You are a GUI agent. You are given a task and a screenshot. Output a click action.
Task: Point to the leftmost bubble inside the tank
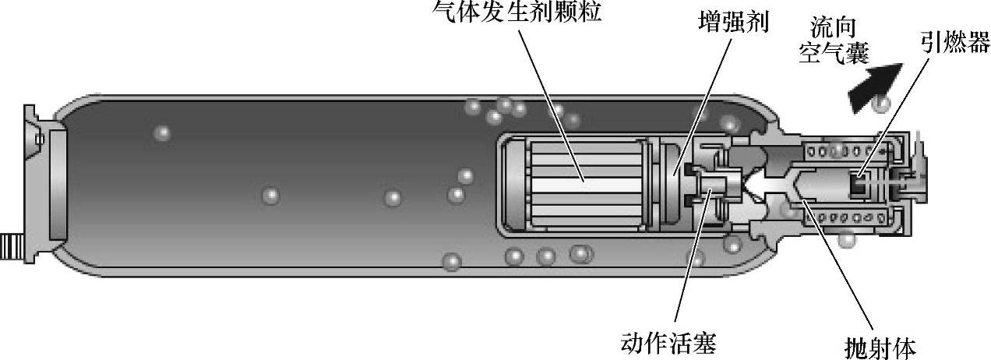pyautogui.click(x=162, y=132)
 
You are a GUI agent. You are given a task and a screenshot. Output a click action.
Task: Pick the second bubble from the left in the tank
pyautogui.click(x=270, y=195)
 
